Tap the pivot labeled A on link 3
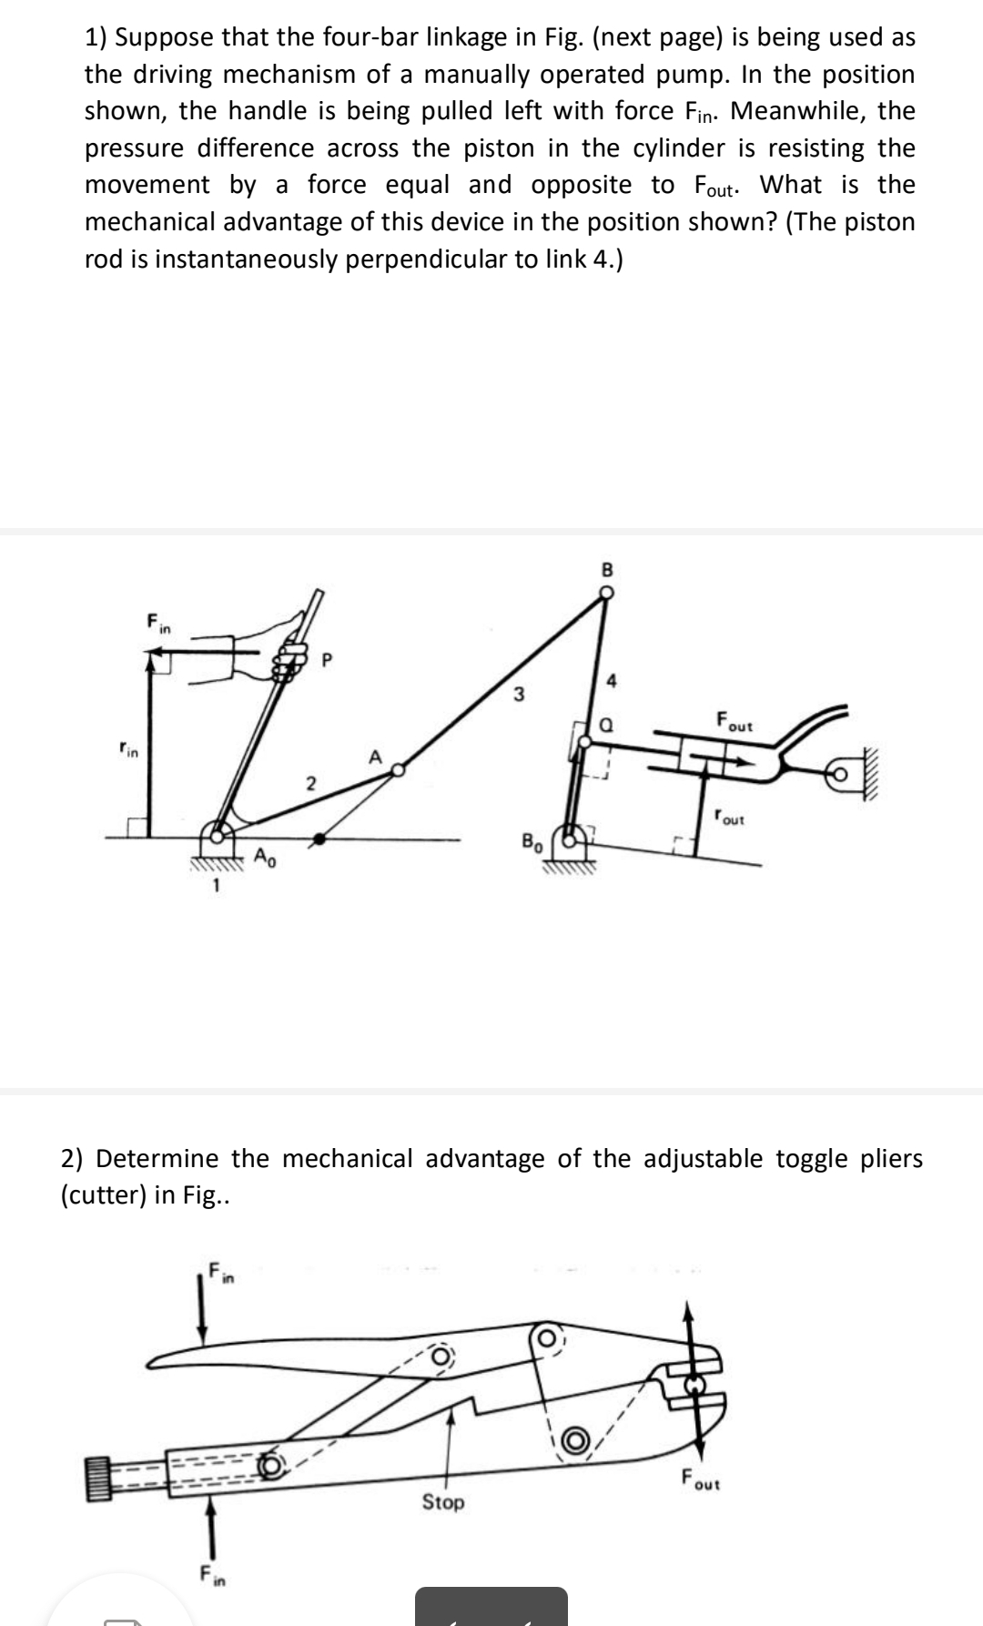point(397,770)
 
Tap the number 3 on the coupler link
point(518,696)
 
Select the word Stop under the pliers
point(442,1502)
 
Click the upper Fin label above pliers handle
point(221,1271)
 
